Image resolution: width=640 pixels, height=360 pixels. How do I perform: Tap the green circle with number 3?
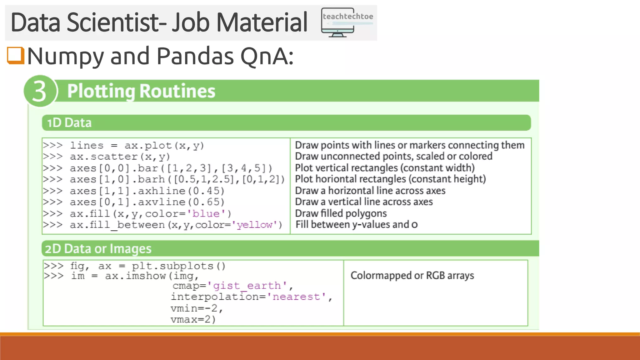pos(40,91)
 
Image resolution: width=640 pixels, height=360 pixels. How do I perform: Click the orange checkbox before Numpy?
pos(16,56)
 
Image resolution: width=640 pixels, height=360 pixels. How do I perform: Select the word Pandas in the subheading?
pos(195,56)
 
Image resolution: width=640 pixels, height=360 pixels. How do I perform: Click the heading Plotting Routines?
pos(141,91)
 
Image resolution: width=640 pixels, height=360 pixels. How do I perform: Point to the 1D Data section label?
pos(69,123)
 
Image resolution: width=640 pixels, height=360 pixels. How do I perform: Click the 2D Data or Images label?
pos(98,249)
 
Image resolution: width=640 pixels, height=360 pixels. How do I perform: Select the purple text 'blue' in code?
pos(206,214)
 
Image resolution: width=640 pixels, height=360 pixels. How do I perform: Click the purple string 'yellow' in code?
pos(254,225)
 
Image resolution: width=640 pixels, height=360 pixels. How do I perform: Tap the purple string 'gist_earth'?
pos(247,286)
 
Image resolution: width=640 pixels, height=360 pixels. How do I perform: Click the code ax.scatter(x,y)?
pos(120,157)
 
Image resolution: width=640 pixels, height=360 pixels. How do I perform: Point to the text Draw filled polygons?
pos(341,213)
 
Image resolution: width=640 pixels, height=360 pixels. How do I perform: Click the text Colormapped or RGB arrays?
pos(412,276)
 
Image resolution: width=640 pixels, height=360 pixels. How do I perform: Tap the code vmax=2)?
pos(193,320)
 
